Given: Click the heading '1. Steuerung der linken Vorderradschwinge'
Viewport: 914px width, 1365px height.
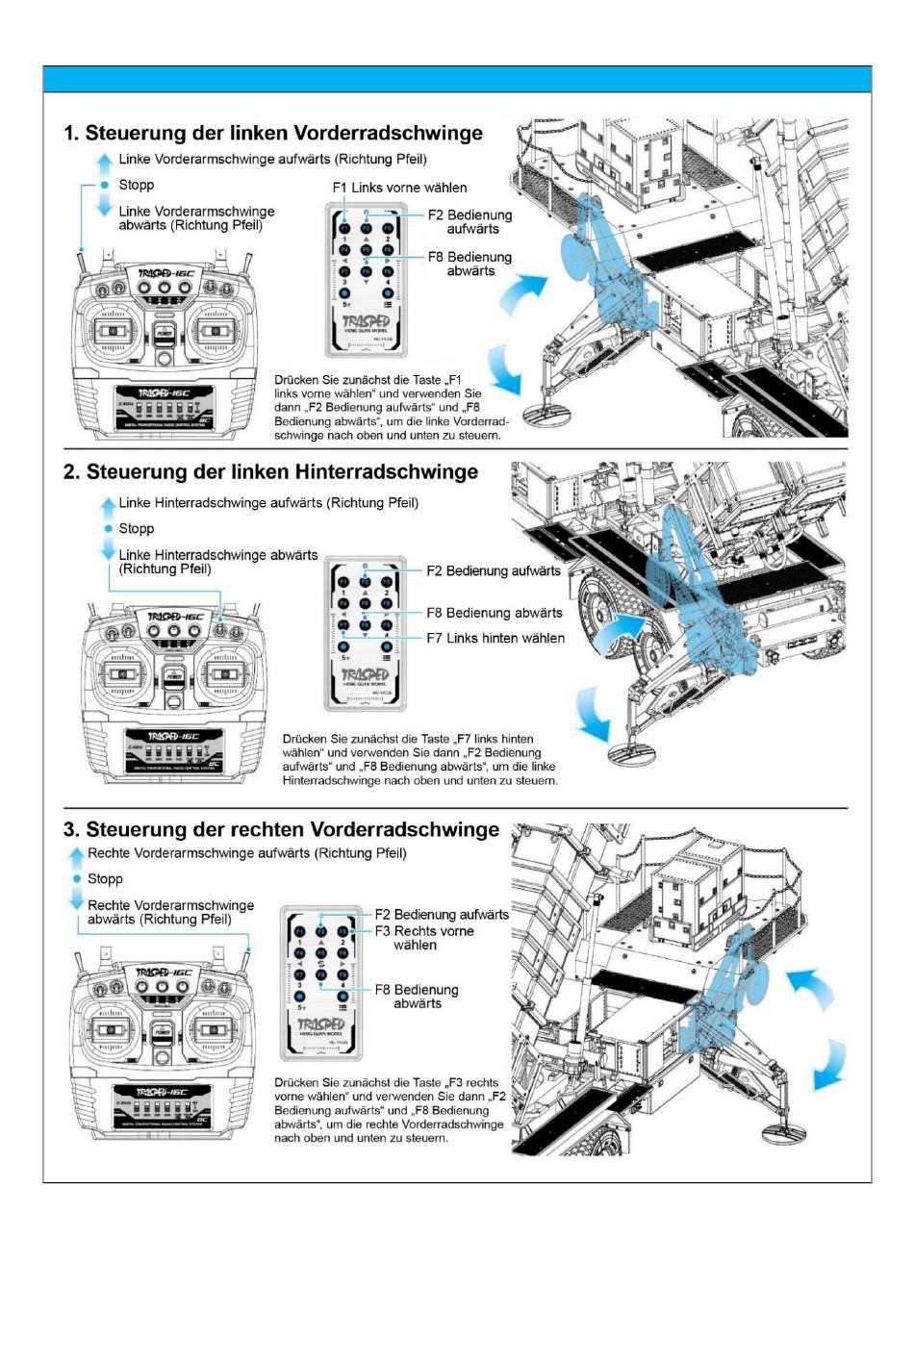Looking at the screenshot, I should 273,133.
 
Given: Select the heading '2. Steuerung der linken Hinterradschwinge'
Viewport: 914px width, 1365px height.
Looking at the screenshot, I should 270,471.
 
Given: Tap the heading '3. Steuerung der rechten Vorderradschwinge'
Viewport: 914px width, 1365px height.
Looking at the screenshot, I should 281,829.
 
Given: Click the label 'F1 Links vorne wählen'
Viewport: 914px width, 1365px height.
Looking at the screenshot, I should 399,188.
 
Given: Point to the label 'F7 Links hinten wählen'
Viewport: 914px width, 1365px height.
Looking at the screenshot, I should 495,638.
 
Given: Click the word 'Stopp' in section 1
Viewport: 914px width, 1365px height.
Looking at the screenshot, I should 137,185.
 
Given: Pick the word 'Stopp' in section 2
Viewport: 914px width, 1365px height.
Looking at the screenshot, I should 137,528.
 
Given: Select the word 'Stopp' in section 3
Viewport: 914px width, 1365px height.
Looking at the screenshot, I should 105,878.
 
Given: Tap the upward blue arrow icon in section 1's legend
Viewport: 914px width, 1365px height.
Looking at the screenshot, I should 104,162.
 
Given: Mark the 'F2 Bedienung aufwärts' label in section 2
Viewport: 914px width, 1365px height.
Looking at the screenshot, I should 494,570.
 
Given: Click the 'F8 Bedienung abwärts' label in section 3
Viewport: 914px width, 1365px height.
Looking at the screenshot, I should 417,997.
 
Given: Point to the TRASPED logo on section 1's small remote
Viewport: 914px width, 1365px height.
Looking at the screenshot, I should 366,321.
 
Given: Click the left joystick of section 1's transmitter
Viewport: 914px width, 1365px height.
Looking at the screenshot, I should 112,331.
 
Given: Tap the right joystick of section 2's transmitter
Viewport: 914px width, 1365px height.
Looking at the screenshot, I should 224,674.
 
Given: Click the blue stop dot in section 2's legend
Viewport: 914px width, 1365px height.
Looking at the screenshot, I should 108,528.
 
